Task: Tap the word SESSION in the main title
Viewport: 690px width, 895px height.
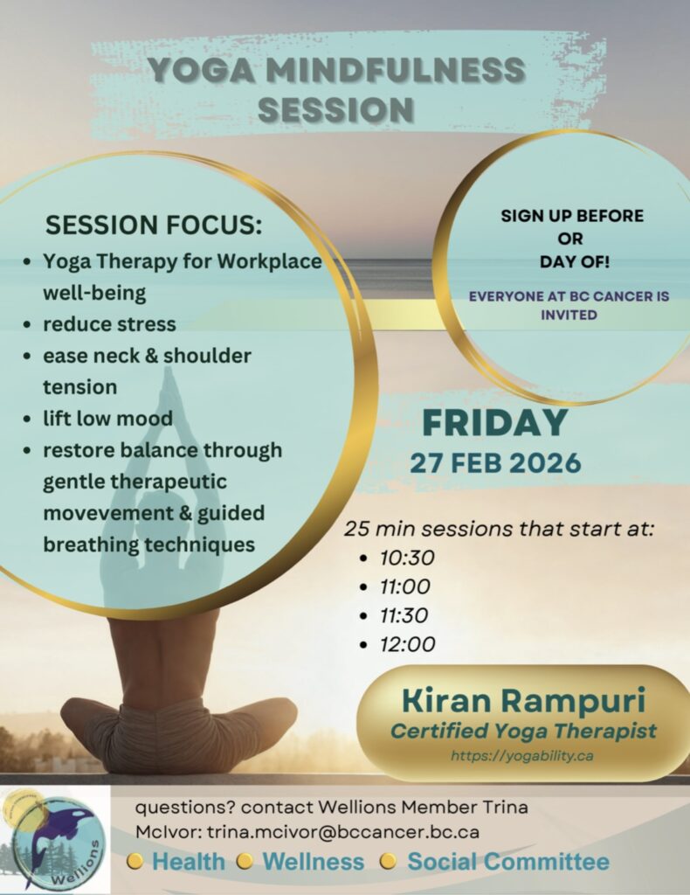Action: point(336,109)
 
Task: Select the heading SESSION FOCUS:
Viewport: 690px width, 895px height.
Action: point(154,225)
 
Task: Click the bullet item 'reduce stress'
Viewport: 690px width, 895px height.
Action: point(109,323)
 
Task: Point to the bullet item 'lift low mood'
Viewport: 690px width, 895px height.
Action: point(107,418)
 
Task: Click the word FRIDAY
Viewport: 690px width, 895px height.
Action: point(494,423)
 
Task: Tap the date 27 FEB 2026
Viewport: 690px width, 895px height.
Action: point(495,462)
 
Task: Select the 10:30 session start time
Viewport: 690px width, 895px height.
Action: point(407,558)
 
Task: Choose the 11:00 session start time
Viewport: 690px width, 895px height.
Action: point(405,586)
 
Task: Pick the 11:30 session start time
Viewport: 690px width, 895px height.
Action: point(404,615)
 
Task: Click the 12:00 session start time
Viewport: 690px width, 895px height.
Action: point(408,644)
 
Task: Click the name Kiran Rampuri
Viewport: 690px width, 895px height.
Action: point(523,700)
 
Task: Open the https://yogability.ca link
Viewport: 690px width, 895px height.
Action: point(521,756)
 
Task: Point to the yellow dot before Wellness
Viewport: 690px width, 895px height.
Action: point(244,861)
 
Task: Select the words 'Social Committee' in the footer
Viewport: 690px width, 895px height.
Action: point(508,861)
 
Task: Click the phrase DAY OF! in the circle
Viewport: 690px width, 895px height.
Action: point(574,262)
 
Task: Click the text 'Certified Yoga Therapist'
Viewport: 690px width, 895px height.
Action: point(523,731)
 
